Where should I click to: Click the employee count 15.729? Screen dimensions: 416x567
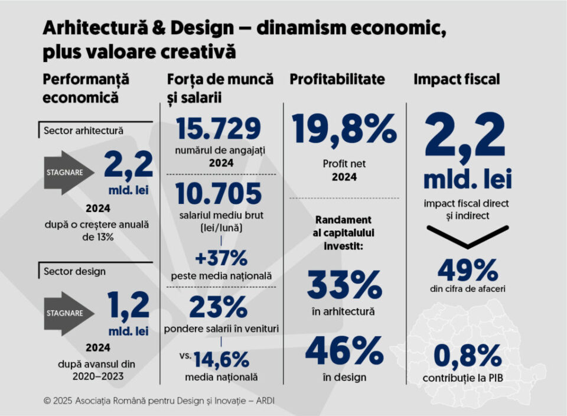(x=219, y=130)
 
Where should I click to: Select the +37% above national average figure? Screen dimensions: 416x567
(x=221, y=258)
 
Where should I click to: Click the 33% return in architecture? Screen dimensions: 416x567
(x=344, y=285)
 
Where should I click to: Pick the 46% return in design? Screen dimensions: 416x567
(x=344, y=351)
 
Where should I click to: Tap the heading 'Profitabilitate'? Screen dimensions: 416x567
(x=337, y=80)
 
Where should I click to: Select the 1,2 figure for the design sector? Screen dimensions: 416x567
(x=128, y=306)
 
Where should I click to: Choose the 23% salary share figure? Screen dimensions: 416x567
(x=218, y=307)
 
